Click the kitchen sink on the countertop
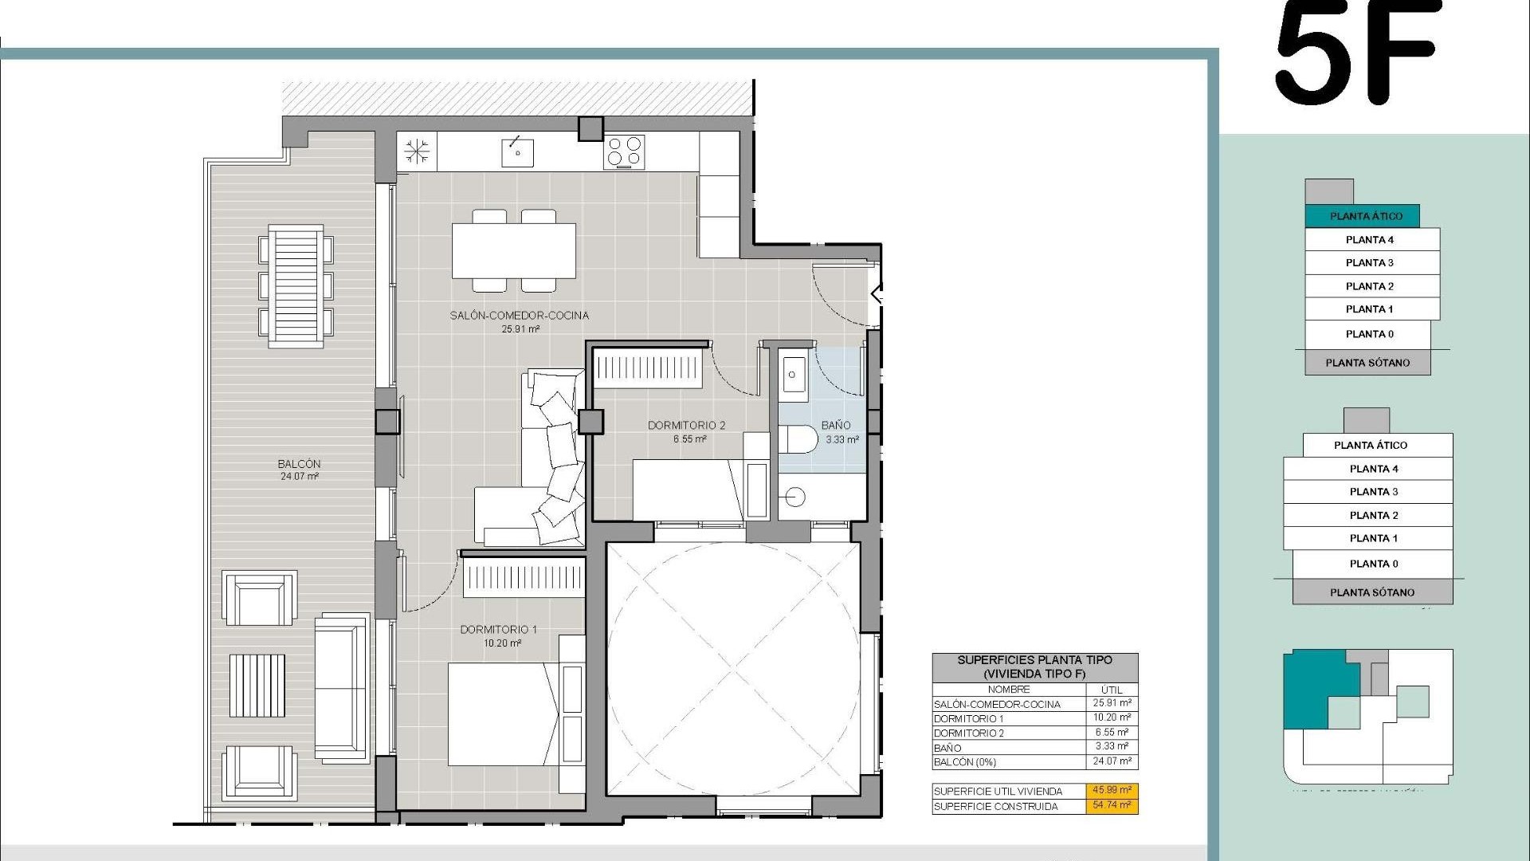click(x=517, y=151)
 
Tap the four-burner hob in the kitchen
click(x=625, y=151)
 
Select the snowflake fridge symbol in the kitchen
click(x=417, y=151)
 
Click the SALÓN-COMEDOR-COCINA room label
click(x=519, y=316)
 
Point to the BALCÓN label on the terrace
click(x=299, y=464)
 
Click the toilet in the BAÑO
click(x=799, y=439)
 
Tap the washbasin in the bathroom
click(x=794, y=375)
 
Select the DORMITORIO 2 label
click(x=686, y=426)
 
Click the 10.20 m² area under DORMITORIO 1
click(x=502, y=643)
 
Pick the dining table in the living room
click(x=514, y=250)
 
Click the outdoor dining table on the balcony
click(x=296, y=286)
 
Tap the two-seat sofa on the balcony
click(x=341, y=688)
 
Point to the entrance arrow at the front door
click(x=877, y=294)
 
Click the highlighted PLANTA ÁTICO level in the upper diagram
click(x=1365, y=216)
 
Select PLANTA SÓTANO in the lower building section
click(x=1371, y=592)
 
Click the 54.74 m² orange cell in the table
click(x=1112, y=806)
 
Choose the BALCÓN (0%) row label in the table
click(x=964, y=762)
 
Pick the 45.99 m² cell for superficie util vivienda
click(x=1112, y=791)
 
